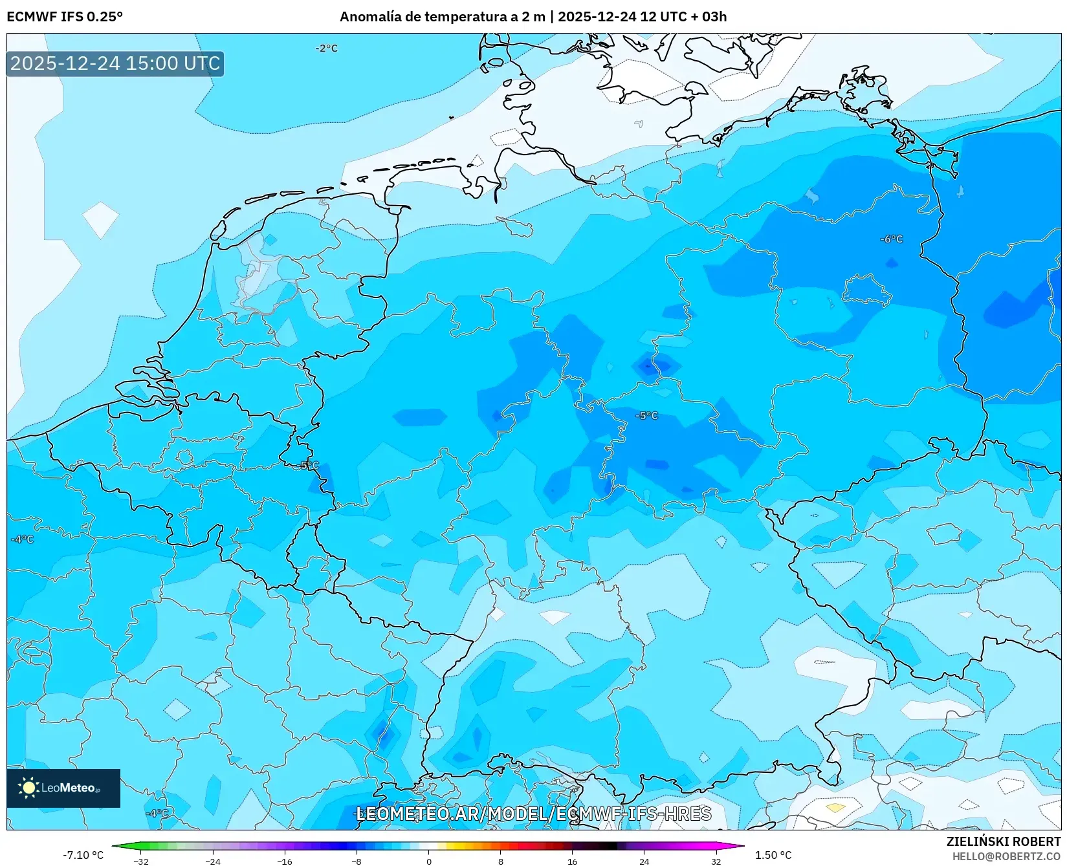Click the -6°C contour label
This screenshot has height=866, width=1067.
point(891,239)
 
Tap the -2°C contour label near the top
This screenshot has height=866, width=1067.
point(327,49)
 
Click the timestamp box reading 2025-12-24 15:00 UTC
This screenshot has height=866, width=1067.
point(115,63)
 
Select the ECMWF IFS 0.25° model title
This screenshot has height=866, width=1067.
point(65,17)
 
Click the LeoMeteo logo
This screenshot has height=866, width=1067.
point(63,788)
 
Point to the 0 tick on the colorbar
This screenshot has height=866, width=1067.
point(428,861)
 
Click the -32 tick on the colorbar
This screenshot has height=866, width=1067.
point(141,861)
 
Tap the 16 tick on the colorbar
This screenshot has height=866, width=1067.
point(572,861)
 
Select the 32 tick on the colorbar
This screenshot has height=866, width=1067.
point(716,861)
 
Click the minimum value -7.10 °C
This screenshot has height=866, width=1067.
point(83,855)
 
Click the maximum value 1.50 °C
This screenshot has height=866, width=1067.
point(773,855)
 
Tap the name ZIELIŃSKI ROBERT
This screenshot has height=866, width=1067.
point(1003,841)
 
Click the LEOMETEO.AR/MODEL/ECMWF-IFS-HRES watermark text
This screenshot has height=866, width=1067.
point(534,814)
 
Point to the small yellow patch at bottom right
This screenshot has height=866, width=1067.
point(835,808)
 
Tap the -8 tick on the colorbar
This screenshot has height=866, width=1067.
point(357,861)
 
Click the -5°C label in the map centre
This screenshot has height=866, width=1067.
point(646,416)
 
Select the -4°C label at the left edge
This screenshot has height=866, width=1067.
point(22,539)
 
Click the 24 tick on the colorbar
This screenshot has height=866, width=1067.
point(644,861)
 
